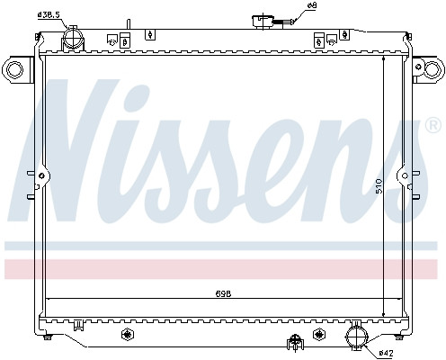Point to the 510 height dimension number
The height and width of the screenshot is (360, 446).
click(380, 185)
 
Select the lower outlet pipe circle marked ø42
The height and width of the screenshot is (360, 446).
click(356, 338)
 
